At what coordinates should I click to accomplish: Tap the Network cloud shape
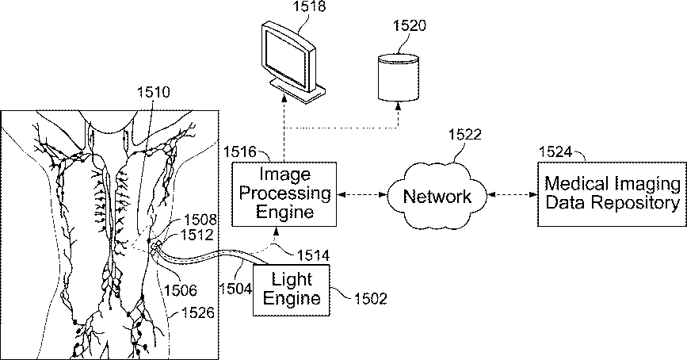coord(437,196)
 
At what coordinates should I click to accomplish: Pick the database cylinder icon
coord(398,77)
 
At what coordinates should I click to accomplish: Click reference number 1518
coord(309,7)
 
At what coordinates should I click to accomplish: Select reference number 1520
coord(409,25)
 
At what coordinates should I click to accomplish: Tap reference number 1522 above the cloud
coord(464,134)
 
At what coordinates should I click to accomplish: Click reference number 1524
coord(555,151)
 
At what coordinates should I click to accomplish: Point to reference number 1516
coord(239,151)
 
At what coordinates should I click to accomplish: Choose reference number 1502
coord(371,299)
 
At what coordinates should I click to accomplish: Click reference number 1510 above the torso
coord(154,93)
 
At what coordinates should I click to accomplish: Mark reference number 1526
coord(198,312)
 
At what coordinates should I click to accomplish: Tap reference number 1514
coord(313,255)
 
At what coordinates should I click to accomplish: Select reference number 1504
coord(235,289)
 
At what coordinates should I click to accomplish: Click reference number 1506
coord(180,289)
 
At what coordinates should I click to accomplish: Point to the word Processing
coord(284,193)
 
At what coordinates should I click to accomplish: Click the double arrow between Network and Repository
coord(512,194)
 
